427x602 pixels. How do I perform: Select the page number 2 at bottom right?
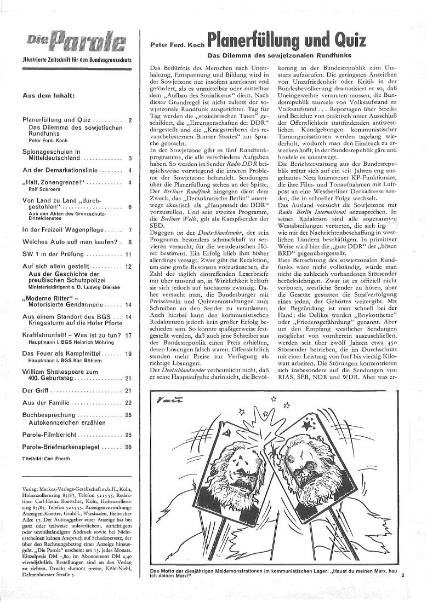(x=403, y=575)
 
